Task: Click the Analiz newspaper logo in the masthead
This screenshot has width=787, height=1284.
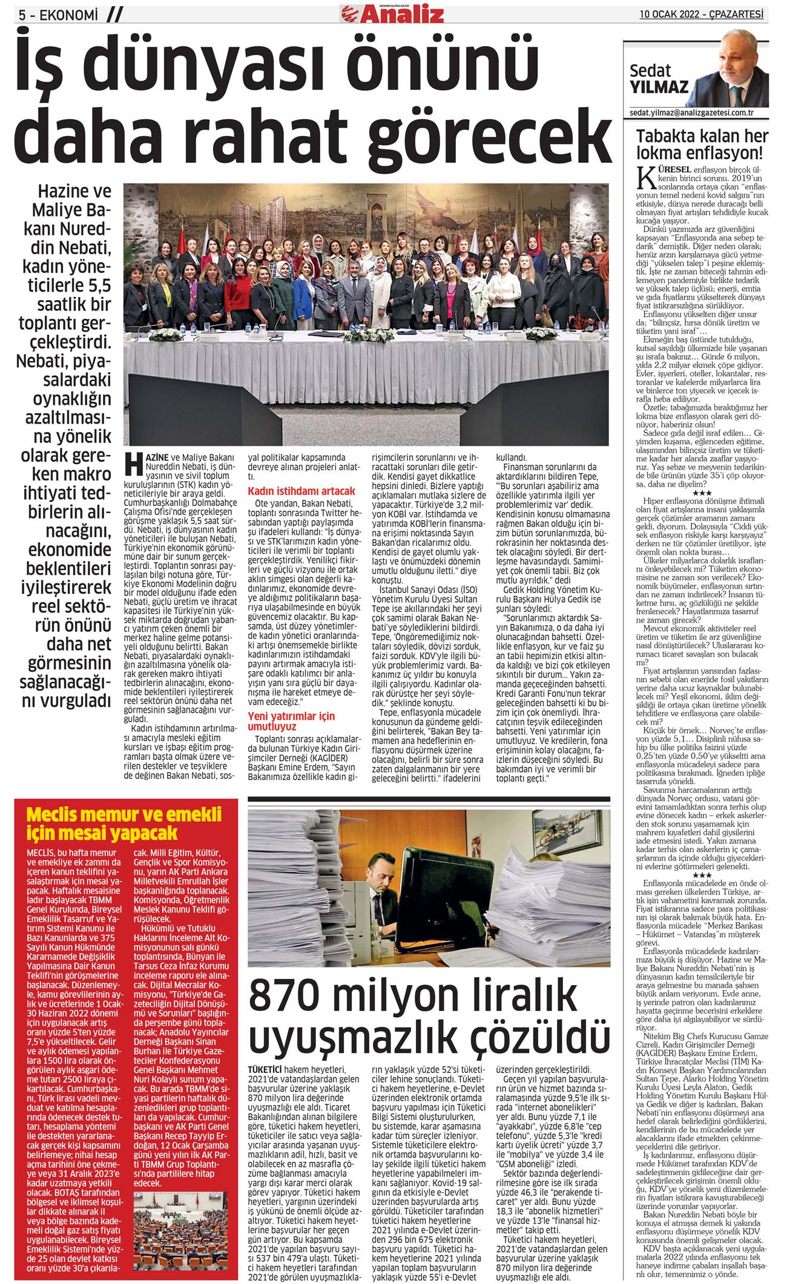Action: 392,12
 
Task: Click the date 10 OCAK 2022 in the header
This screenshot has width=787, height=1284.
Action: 671,14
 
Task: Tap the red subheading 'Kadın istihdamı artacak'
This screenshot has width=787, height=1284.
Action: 301,491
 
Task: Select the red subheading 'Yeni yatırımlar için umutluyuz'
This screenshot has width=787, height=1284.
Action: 291,721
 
